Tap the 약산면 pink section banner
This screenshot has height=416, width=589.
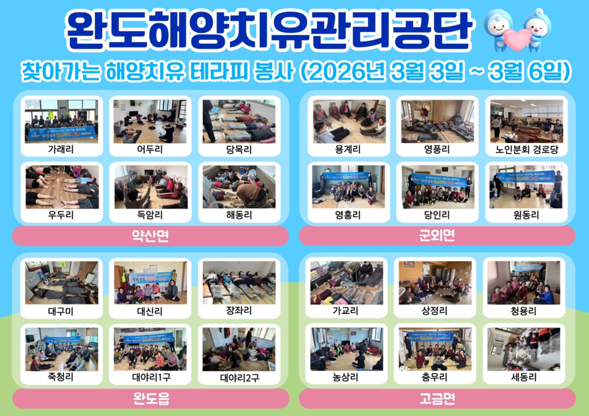point(150,236)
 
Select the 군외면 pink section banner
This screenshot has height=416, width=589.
point(437,236)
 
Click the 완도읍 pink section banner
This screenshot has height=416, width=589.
point(150,397)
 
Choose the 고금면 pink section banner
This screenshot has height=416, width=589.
point(437,397)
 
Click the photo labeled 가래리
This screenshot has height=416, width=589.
point(61,121)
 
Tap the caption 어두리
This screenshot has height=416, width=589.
point(150,149)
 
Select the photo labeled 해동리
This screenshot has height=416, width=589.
point(239,187)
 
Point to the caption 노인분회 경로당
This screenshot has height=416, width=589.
point(524,149)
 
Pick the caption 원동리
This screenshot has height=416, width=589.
point(524,214)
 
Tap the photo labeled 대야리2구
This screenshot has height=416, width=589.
point(239,349)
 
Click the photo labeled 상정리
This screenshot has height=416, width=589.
point(436,282)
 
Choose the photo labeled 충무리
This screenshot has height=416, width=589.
point(436,349)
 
